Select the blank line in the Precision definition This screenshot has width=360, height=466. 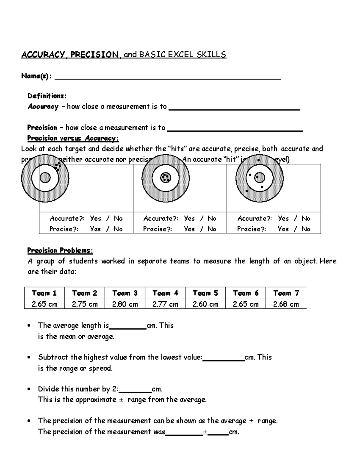(x=235, y=130)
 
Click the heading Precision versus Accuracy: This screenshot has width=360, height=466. (x=73, y=138)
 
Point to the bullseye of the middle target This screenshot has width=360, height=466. (x=165, y=178)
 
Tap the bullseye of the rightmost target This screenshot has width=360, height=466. (x=259, y=178)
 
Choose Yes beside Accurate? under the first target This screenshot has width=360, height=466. (x=95, y=218)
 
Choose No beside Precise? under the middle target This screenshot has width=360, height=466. (x=212, y=229)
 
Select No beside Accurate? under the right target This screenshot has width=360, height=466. (x=306, y=218)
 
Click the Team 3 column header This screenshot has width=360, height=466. (x=125, y=293)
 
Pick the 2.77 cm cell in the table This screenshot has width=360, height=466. (x=165, y=304)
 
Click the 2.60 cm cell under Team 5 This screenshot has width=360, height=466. (x=205, y=304)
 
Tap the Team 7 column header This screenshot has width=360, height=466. (x=286, y=293)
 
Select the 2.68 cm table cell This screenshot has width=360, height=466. (x=286, y=304)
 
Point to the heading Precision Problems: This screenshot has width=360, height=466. (x=60, y=250)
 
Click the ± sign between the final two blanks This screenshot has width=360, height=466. (x=205, y=432)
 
